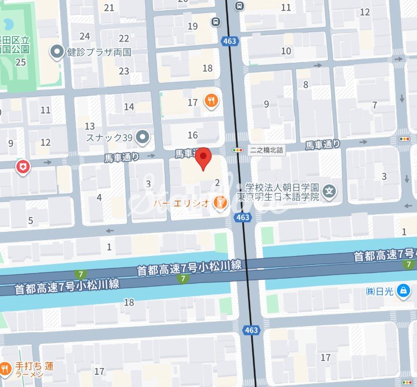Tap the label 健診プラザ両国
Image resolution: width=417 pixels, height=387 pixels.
[x=99, y=52]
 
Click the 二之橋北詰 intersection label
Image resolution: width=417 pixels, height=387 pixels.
[x=267, y=150]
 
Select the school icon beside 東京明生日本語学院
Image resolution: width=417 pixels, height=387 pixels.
[x=330, y=191]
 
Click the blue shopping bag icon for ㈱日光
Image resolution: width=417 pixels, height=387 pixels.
[x=404, y=291]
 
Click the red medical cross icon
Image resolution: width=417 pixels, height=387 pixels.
[x=23, y=167]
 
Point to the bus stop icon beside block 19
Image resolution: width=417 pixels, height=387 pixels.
[x=216, y=22]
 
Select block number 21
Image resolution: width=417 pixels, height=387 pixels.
[x=109, y=7]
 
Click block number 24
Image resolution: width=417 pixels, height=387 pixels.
[x=84, y=36]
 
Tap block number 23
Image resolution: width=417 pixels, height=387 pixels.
[x=124, y=71]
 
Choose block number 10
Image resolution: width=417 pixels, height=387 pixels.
[x=286, y=51]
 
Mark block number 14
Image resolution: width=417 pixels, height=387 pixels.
[x=129, y=107]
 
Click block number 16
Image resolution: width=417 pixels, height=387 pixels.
[x=193, y=135]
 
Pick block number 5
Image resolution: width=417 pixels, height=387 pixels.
[x=31, y=221]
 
